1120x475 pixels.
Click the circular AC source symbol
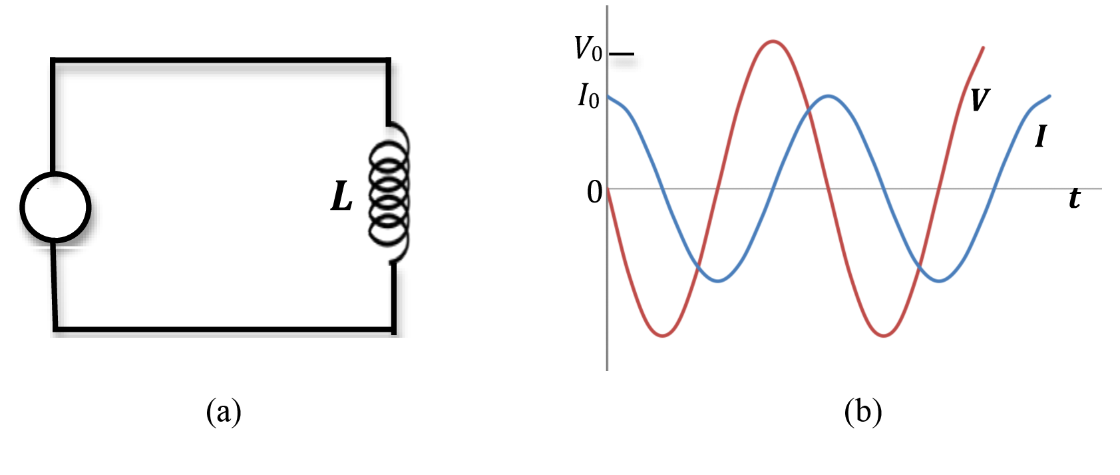[x=55, y=207]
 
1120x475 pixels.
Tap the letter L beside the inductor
[x=341, y=197]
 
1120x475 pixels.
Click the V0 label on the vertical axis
[x=588, y=49]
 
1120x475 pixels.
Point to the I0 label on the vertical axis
[x=588, y=97]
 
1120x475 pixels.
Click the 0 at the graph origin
[x=594, y=193]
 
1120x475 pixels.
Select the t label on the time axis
[x=1074, y=199]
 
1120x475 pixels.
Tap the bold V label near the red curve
[x=979, y=100]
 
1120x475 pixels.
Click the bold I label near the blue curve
[x=1040, y=137]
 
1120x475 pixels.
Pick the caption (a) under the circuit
[x=224, y=411]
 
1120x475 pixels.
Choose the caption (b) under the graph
[x=862, y=411]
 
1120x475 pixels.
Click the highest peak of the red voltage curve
[x=773, y=41]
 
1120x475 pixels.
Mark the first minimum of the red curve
[x=663, y=336]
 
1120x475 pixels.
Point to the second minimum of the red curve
[x=884, y=336]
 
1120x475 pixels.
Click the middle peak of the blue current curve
[x=828, y=96]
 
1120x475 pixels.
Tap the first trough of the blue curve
[x=718, y=281]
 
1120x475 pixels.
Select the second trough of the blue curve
[x=939, y=281]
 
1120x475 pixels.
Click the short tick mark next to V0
[x=622, y=53]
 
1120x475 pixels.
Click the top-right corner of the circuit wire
[x=388, y=61]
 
